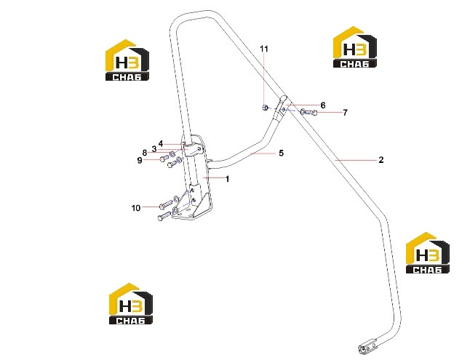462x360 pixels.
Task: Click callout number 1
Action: pos(227,179)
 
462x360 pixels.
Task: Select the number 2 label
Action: pos(381,160)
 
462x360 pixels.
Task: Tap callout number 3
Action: pos(154,149)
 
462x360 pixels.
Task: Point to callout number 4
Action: pos(161,144)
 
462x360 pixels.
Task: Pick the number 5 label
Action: pos(281,153)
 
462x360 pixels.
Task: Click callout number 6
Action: pos(323,105)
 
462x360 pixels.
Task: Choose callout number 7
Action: pos(345,113)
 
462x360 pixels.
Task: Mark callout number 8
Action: pos(144,153)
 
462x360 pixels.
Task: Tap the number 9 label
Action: pos(140,160)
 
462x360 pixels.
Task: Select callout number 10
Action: pos(136,208)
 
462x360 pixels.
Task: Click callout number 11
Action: pos(264,49)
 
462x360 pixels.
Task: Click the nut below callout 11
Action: pos(265,108)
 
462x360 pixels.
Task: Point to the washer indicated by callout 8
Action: pos(172,154)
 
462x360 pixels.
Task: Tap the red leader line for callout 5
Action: pos(263,153)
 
